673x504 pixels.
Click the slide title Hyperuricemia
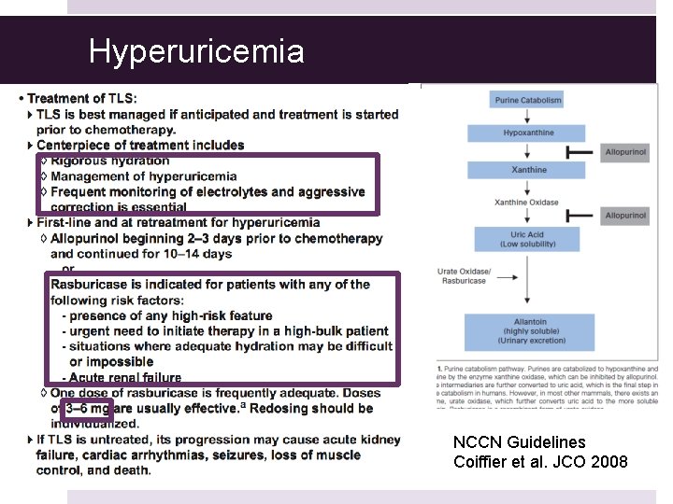196,51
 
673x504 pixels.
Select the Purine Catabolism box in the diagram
528,100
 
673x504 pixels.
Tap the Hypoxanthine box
528,133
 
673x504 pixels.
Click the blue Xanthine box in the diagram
528,170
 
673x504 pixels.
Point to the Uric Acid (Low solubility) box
528,238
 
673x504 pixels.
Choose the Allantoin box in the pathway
528,330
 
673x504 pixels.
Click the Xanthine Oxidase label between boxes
526,203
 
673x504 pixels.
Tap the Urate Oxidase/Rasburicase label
462,275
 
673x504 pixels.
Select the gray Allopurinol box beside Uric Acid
625,216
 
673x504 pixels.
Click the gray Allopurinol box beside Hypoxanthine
625,152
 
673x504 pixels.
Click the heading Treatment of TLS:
82,98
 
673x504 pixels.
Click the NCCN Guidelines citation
519,441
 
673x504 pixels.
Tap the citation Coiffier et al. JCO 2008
540,462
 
